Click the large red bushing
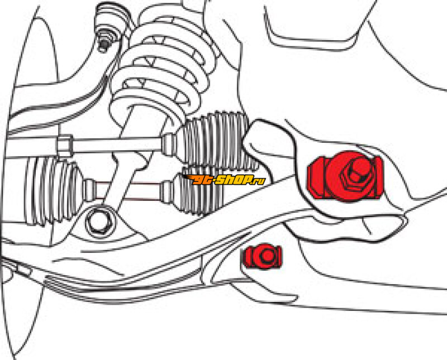click(x=345, y=176)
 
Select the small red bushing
click(x=262, y=256)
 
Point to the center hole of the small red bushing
click(x=267, y=256)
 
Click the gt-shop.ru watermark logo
click(x=224, y=180)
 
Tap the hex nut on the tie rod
click(x=65, y=145)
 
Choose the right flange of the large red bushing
click(x=377, y=176)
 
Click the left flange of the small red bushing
click(x=246, y=257)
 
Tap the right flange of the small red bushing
click(x=278, y=256)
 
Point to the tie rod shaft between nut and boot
click(x=117, y=143)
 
